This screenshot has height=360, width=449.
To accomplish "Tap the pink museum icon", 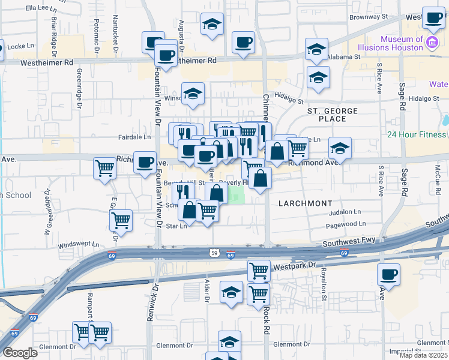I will pos(432,42).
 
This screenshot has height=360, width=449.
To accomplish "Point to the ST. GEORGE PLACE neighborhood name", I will pos(333,115).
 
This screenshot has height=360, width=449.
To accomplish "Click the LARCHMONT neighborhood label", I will pos(306,203).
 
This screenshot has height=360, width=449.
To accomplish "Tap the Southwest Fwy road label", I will pos(349,241).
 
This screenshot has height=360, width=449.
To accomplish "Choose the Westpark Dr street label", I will pos(294,265).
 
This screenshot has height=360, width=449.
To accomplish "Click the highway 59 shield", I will pos(214,254).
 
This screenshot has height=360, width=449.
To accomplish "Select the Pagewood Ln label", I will pos(345,226).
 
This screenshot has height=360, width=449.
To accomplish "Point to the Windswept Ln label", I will pos(78,246).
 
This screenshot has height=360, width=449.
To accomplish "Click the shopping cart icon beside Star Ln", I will pos(207,211).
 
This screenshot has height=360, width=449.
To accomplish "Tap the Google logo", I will pos(20,353).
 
